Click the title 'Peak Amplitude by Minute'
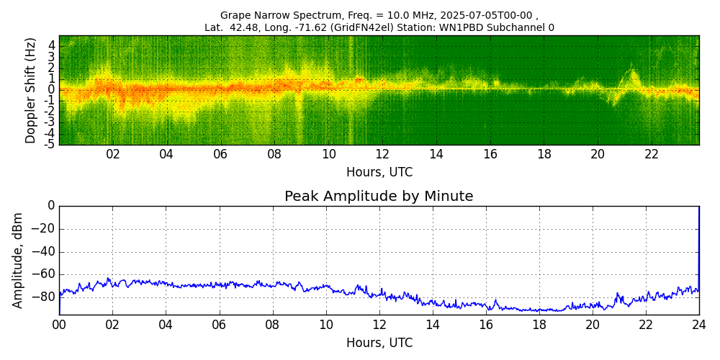point(379,197)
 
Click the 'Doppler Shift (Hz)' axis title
point(31,91)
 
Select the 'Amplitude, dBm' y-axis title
point(18,260)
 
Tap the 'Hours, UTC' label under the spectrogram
point(379,173)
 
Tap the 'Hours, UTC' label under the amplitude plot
point(379,343)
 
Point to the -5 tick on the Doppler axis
point(50,144)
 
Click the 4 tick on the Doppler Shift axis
point(52,45)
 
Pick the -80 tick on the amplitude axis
point(42,297)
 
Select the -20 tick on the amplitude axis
point(42,229)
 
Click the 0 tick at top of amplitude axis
point(51,206)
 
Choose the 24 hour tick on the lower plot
point(698,325)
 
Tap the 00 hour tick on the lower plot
point(59,325)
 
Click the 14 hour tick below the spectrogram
point(436,155)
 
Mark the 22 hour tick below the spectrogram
point(652,155)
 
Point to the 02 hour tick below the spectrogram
point(113,155)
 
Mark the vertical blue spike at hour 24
point(698,245)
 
